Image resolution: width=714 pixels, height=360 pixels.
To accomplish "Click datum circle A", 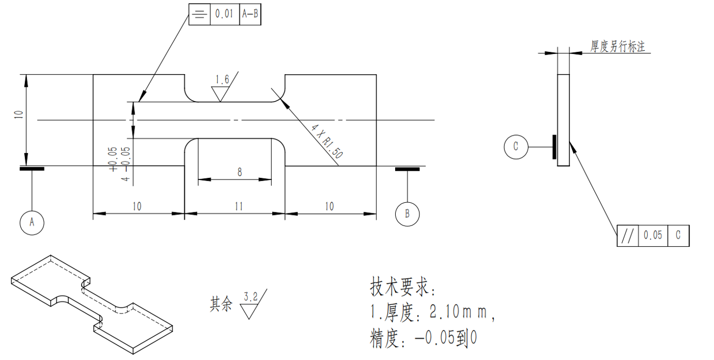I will click(32, 223).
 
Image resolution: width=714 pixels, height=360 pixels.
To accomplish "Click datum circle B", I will click(407, 214).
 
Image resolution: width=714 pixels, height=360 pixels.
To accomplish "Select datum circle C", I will click(515, 146).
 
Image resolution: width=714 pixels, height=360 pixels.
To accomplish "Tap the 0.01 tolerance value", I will click(224, 14).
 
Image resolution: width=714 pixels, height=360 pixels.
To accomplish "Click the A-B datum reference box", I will click(250, 14).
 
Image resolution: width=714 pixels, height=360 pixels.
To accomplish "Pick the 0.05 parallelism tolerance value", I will click(653, 236).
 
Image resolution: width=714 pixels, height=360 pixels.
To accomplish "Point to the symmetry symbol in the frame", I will click(199, 14).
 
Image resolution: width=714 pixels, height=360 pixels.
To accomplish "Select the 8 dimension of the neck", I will click(239, 172).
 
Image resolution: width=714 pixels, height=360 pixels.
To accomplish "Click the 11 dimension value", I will click(238, 206).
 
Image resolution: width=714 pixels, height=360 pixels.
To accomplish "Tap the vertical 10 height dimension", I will click(19, 115).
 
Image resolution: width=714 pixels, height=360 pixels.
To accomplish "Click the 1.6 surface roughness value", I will click(222, 80).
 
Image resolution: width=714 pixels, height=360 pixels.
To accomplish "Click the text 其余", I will click(221, 304).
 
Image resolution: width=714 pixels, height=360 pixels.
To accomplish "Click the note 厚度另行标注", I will click(618, 47).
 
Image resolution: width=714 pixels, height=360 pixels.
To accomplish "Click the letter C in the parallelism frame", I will click(678, 236).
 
